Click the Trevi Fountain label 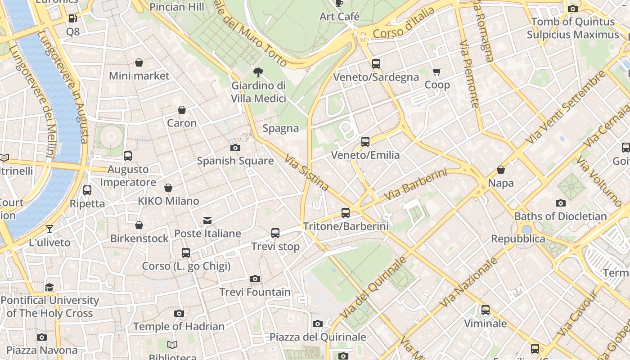click(255, 292)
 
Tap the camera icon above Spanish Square click(235, 148)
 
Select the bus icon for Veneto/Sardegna click(376, 64)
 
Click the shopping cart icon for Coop click(436, 72)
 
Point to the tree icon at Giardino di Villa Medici click(258, 72)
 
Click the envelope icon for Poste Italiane click(207, 220)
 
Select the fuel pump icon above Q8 click(72, 18)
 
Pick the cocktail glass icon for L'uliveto click(49, 229)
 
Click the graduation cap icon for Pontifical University click(49, 287)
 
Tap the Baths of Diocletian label click(560, 216)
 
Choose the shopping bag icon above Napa click(500, 170)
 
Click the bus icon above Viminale click(485, 310)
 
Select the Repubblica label click(518, 238)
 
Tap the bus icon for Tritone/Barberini click(346, 213)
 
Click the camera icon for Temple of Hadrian click(179, 313)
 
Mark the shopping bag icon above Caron click(182, 110)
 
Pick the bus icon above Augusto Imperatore click(128, 156)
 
